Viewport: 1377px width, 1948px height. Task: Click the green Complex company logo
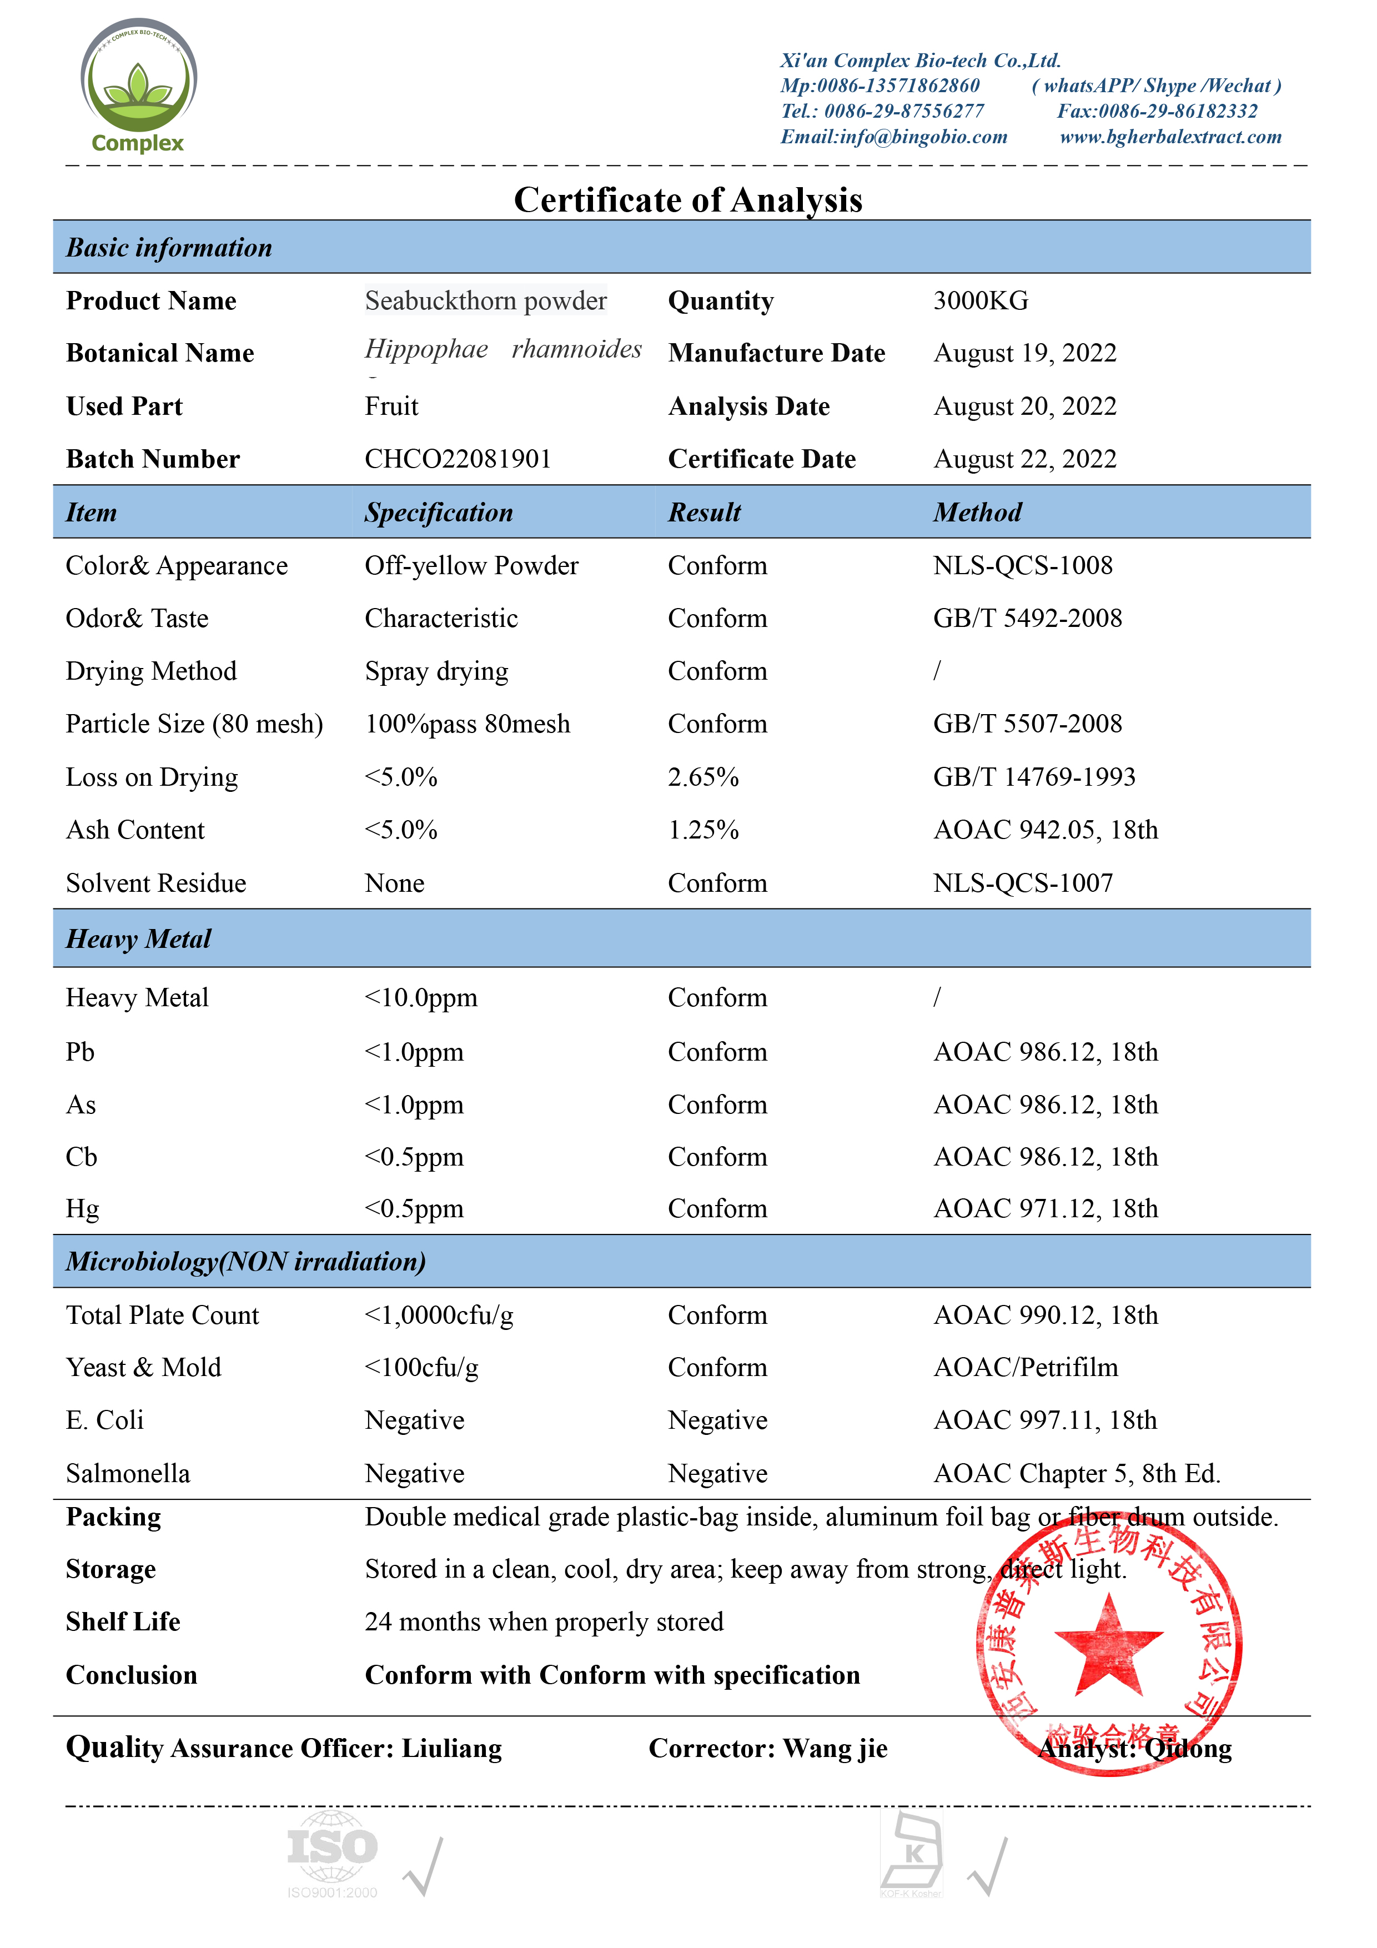click(x=138, y=85)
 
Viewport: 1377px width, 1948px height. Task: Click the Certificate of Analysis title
click(x=687, y=200)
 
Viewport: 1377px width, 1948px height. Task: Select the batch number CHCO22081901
click(x=458, y=459)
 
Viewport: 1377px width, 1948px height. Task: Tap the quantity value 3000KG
click(x=980, y=300)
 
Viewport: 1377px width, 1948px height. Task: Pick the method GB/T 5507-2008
click(x=1027, y=724)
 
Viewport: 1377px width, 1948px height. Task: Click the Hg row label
click(x=82, y=1209)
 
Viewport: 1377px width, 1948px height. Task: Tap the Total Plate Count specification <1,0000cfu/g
click(x=439, y=1315)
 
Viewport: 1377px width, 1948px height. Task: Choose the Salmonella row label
click(x=128, y=1474)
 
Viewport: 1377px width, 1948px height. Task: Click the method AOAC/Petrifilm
click(x=1025, y=1368)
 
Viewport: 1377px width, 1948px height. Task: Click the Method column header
click(x=977, y=513)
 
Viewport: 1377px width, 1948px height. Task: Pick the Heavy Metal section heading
click(x=138, y=939)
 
